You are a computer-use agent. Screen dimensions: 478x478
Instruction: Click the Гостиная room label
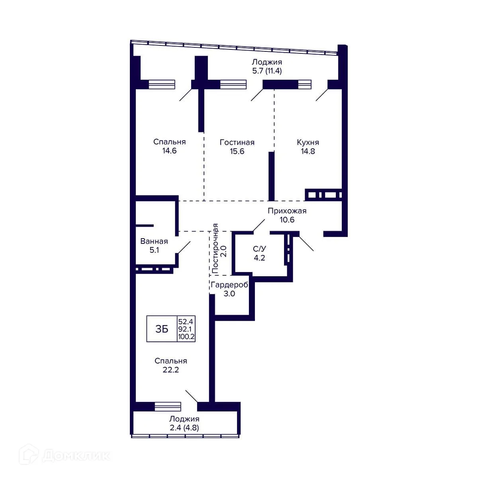pyautogui.click(x=237, y=142)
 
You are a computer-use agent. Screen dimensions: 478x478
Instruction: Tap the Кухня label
pyautogui.click(x=308, y=142)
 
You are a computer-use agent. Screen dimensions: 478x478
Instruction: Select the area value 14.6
pyautogui.click(x=169, y=151)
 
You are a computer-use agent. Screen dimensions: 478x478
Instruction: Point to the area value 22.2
pyautogui.click(x=170, y=370)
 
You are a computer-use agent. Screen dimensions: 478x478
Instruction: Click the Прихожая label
pyautogui.click(x=287, y=211)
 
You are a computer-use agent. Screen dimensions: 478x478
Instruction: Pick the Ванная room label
pyautogui.click(x=154, y=241)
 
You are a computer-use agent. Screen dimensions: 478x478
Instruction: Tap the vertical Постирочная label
pyautogui.click(x=215, y=248)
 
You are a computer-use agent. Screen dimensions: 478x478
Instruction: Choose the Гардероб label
pyautogui.click(x=229, y=285)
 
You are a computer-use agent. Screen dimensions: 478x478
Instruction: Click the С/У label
pyautogui.click(x=259, y=249)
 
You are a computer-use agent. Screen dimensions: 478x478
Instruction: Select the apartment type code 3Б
pyautogui.click(x=162, y=329)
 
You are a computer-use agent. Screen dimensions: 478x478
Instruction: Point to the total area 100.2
pyautogui.click(x=186, y=337)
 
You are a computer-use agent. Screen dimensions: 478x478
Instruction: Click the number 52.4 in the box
pyautogui.click(x=186, y=322)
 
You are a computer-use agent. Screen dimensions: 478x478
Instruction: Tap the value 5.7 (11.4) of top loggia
pyautogui.click(x=267, y=71)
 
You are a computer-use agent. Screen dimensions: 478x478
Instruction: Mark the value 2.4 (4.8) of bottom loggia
pyautogui.click(x=184, y=428)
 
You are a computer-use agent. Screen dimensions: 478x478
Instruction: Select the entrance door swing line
pyautogui.click(x=306, y=243)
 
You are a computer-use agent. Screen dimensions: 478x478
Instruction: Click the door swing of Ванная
pyautogui.click(x=184, y=247)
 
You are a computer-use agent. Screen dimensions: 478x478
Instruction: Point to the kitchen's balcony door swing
pyautogui.click(x=322, y=95)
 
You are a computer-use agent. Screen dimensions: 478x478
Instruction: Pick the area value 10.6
pyautogui.click(x=287, y=219)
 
